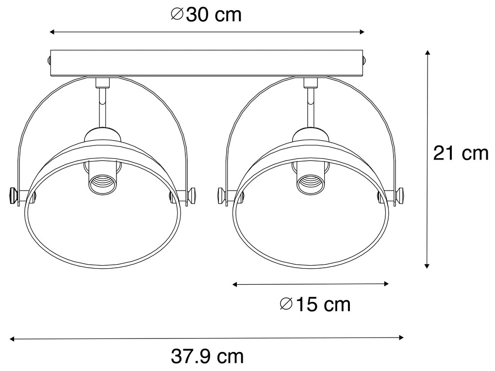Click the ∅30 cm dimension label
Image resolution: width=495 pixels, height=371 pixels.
[206, 15]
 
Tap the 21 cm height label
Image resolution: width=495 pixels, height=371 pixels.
[460, 153]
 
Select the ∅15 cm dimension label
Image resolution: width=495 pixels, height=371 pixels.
[315, 305]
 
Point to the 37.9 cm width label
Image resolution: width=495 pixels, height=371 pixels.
[207, 357]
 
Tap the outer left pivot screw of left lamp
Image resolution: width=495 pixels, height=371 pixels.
[13, 195]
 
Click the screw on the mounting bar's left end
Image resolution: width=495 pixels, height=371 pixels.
[49, 61]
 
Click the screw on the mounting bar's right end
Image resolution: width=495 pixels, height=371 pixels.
[365, 61]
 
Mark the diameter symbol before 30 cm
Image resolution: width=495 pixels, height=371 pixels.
[177, 15]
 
